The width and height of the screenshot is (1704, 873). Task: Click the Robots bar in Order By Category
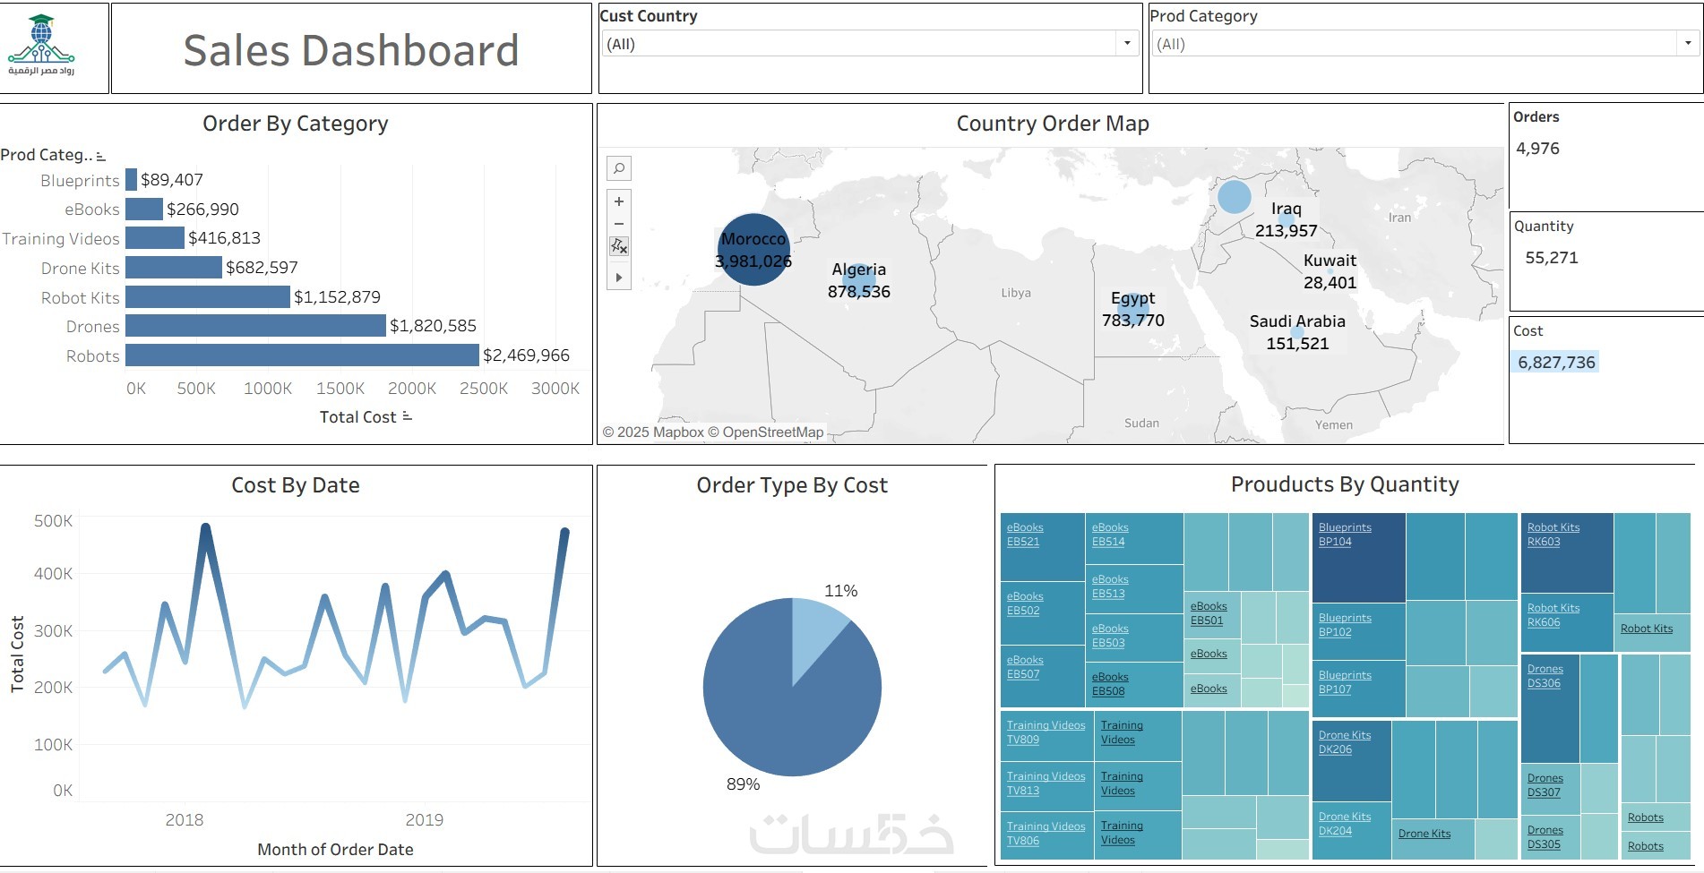point(302,355)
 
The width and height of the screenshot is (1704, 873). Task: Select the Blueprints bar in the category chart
point(131,180)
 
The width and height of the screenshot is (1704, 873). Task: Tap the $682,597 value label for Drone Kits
point(262,268)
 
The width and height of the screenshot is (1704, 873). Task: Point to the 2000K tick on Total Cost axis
point(411,389)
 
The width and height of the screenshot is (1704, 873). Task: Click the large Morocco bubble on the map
point(753,250)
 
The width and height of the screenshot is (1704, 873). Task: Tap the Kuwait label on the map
point(1330,261)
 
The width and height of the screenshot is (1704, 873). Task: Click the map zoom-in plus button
point(619,201)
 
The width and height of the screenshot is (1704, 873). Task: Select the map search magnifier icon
point(619,168)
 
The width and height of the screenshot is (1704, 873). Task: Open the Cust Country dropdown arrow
point(1127,43)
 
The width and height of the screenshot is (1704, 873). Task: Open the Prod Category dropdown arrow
point(1688,43)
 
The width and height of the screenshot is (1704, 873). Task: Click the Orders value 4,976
point(1537,149)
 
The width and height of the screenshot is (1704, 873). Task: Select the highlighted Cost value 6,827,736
point(1556,363)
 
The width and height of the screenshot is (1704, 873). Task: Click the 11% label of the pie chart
point(840,591)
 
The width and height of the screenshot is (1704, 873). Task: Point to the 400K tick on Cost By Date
point(53,574)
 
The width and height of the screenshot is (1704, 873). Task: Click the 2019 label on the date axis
point(424,820)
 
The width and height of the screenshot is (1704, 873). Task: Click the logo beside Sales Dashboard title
point(41,46)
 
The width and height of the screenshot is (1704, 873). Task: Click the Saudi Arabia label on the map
point(1296,321)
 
